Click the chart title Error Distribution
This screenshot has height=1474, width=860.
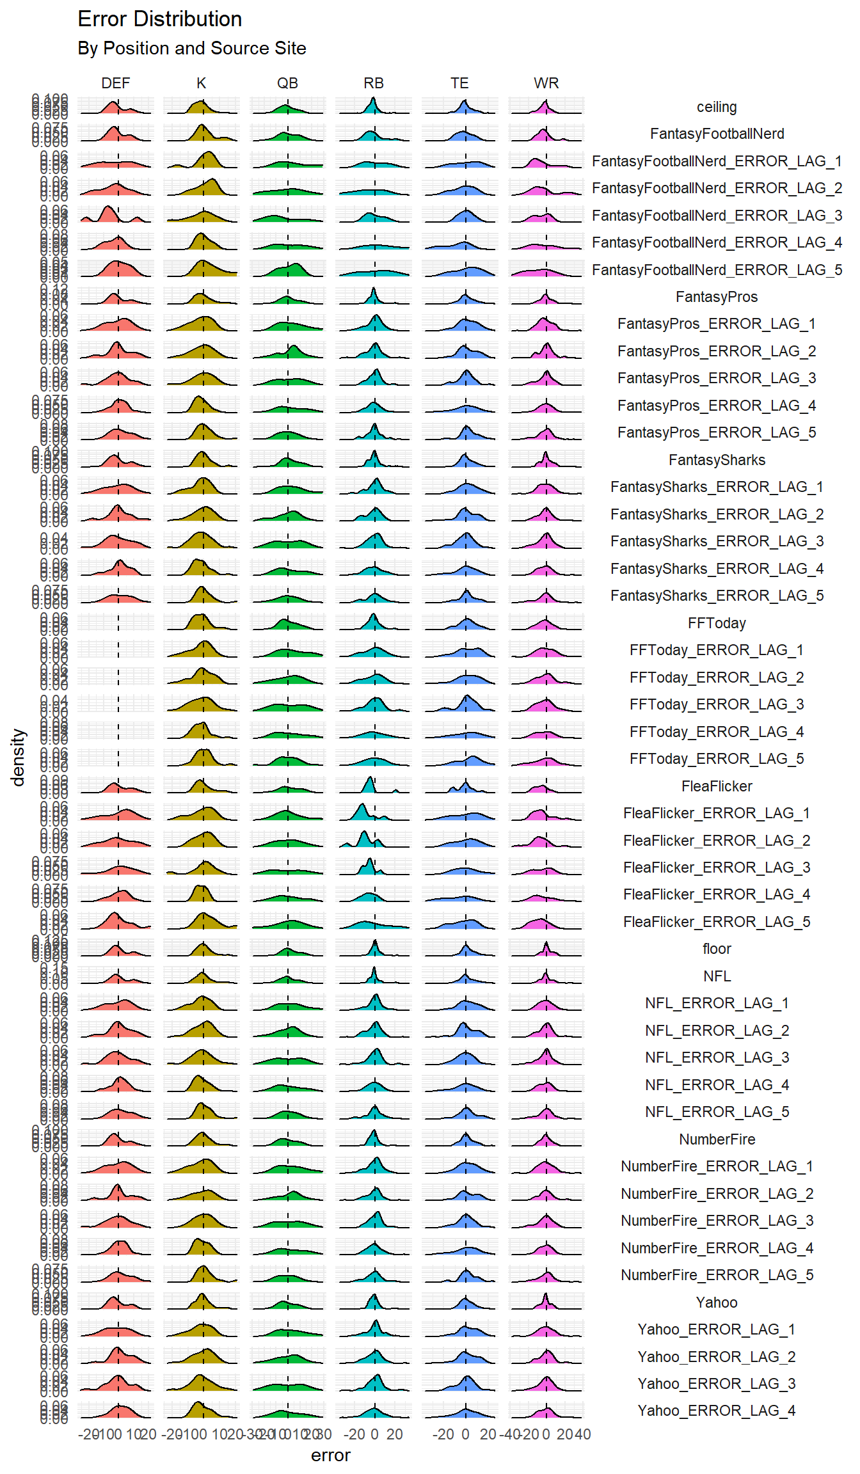click(159, 19)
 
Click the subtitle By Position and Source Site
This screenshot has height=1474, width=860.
click(191, 49)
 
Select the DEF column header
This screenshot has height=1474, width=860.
click(115, 83)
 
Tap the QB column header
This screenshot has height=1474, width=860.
click(287, 83)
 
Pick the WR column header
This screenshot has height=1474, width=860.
click(546, 83)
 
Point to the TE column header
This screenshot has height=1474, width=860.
click(459, 83)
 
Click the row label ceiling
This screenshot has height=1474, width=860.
click(717, 107)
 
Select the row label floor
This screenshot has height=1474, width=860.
click(717, 949)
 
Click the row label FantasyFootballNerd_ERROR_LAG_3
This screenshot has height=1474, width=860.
click(717, 216)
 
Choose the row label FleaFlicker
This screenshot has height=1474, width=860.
click(717, 786)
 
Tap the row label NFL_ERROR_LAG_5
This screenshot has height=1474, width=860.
click(717, 1112)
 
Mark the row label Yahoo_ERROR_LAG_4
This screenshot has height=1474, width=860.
click(717, 1411)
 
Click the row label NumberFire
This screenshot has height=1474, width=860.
click(717, 1139)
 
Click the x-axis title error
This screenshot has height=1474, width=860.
click(330, 1455)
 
